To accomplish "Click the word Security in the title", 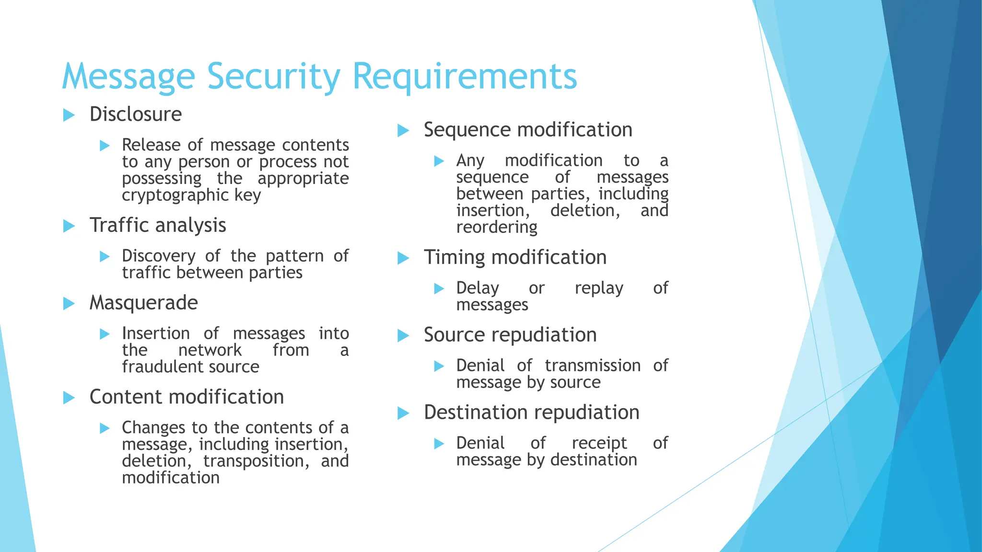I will [273, 77].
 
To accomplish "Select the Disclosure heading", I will [136, 115].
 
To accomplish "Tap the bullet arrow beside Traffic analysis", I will [69, 226].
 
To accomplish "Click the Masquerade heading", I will [143, 303].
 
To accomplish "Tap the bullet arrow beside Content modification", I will [69, 398].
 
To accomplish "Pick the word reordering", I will [496, 227].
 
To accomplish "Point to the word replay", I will [599, 288].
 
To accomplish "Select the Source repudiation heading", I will [510, 335].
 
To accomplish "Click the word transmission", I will [593, 366].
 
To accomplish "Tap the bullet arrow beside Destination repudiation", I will [403, 413].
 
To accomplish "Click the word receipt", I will [599, 443].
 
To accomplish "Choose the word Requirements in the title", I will [465, 77].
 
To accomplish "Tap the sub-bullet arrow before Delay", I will [439, 288].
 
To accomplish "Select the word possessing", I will [162, 179].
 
